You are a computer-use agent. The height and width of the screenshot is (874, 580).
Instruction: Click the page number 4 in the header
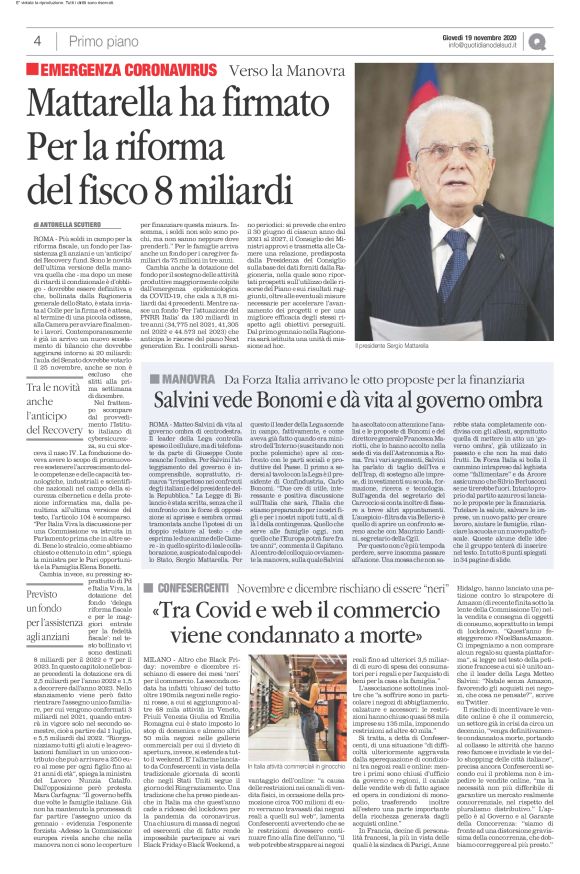[37, 41]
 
